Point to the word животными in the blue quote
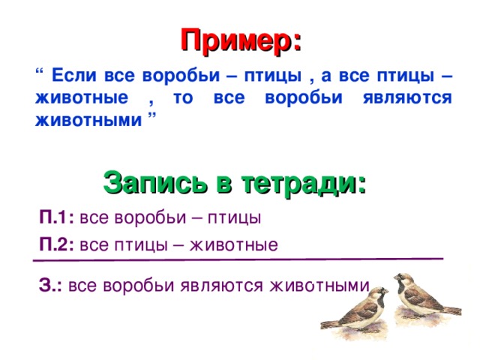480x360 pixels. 88,120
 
